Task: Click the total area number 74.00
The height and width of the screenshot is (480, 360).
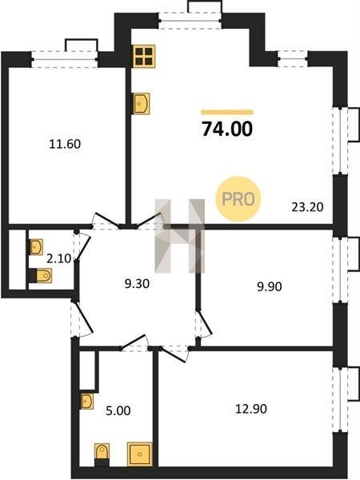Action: pyautogui.click(x=227, y=129)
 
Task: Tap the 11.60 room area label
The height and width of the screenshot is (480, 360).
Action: pyautogui.click(x=65, y=144)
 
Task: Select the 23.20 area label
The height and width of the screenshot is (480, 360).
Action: pyautogui.click(x=307, y=207)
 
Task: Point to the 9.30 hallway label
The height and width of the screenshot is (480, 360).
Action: pyautogui.click(x=137, y=284)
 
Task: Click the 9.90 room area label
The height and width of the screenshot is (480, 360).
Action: pyautogui.click(x=270, y=287)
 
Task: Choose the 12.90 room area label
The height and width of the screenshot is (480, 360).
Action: pyautogui.click(x=251, y=409)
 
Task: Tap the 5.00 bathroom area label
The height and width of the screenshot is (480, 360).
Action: pyautogui.click(x=118, y=411)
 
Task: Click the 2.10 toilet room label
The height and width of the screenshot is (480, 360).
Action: pyautogui.click(x=58, y=259)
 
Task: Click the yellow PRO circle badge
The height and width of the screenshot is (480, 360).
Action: pyautogui.click(x=238, y=199)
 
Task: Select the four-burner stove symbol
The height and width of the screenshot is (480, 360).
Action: pyautogui.click(x=144, y=56)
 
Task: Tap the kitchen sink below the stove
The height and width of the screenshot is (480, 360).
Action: pyautogui.click(x=141, y=103)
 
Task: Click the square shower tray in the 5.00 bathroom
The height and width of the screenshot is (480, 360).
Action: pyautogui.click(x=139, y=454)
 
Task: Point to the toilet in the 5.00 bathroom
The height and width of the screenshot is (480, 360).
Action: pyautogui.click(x=102, y=454)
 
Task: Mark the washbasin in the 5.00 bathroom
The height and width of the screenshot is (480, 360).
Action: pyautogui.click(x=86, y=401)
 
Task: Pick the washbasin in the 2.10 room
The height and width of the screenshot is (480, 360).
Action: pyautogui.click(x=36, y=247)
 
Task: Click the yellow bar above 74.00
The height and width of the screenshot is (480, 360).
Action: pyautogui.click(x=227, y=112)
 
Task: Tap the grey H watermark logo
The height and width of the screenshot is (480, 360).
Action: pyautogui.click(x=180, y=236)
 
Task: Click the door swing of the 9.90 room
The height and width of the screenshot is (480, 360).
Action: pyautogui.click(x=205, y=324)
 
